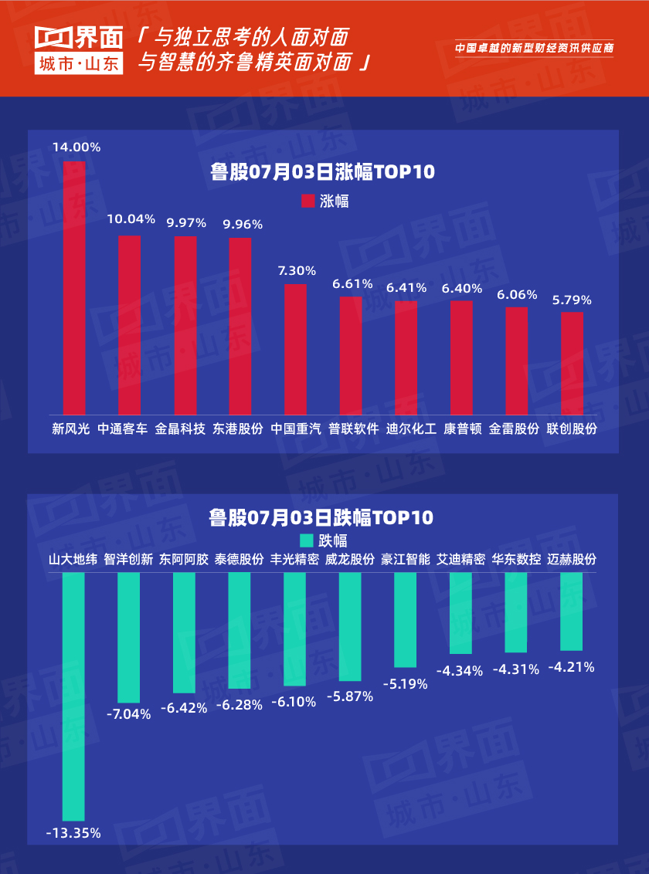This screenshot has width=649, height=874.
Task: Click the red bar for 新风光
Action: pyautogui.click(x=74, y=287)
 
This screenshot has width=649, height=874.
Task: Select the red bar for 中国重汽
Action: pyautogui.click(x=296, y=348)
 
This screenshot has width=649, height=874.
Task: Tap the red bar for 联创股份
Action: pyautogui.click(x=573, y=362)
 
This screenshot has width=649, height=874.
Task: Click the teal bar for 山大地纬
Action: pyautogui.click(x=73, y=696)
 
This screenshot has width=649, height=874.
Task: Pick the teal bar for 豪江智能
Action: pyautogui.click(x=406, y=619)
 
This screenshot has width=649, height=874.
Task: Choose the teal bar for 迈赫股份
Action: pyautogui.click(x=572, y=611)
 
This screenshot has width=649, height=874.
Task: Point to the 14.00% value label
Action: pyautogui.click(x=76, y=147)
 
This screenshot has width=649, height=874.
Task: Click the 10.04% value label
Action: pyautogui.click(x=131, y=219)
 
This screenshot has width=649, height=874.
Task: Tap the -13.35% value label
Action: pyautogui.click(x=73, y=833)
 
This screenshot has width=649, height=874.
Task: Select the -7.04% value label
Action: pyautogui.click(x=128, y=714)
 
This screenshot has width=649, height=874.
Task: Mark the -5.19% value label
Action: pyautogui.click(x=406, y=683)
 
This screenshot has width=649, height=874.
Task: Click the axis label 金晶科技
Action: pyautogui.click(x=180, y=429)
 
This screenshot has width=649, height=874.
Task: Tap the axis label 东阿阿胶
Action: pyautogui.click(x=184, y=560)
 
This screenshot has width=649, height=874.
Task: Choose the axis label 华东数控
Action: pyautogui.click(x=517, y=560)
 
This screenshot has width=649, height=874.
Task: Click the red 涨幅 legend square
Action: pyautogui.click(x=308, y=201)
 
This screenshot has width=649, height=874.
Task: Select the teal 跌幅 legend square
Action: pyautogui.click(x=307, y=540)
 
